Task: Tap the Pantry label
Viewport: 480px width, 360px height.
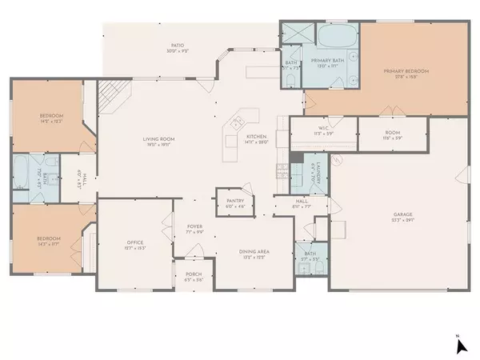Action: (x=235, y=202)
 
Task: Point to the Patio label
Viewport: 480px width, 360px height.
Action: (x=166, y=46)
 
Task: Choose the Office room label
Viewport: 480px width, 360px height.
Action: (x=134, y=243)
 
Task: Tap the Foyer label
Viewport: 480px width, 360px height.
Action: (x=194, y=227)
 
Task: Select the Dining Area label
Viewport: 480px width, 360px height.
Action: (x=254, y=252)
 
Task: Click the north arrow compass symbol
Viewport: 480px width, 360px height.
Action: (x=460, y=345)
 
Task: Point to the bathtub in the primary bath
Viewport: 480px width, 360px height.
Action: (x=338, y=37)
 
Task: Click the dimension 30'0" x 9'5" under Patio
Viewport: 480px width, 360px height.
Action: (x=166, y=52)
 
